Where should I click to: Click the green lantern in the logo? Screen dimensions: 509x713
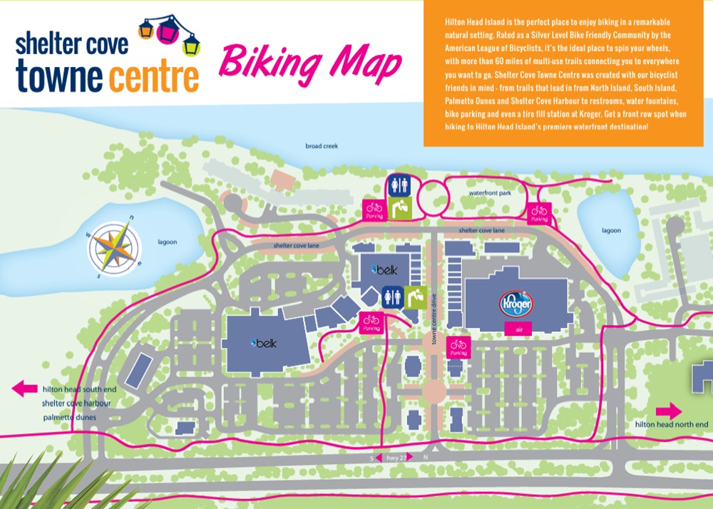(x=192, y=46)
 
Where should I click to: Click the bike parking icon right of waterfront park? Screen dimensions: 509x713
(x=539, y=212)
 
